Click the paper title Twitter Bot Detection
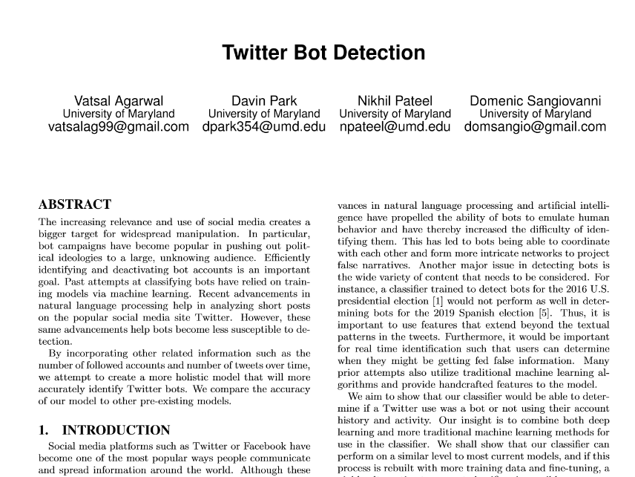click(323, 53)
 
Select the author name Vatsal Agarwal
click(119, 101)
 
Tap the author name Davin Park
click(264, 101)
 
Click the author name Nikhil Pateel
click(395, 101)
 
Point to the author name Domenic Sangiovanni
click(535, 101)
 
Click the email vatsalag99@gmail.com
click(119, 127)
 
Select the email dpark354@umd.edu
click(264, 127)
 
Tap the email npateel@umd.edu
click(395, 127)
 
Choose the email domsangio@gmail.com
click(535, 127)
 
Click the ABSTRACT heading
click(75, 205)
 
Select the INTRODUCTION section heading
click(116, 430)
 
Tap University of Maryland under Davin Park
click(264, 114)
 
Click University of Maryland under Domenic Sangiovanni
click(535, 114)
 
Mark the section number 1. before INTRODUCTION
click(44, 430)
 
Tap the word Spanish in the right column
click(476, 314)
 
